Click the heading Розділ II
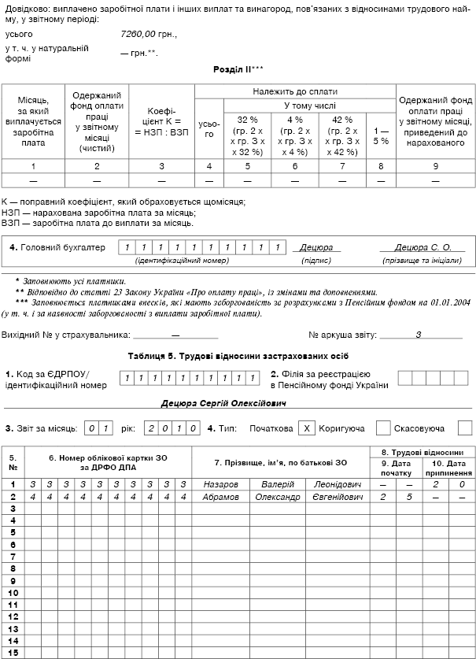(x=238, y=69)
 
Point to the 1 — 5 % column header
(x=381, y=135)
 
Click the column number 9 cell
(x=435, y=166)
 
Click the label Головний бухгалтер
(x=57, y=247)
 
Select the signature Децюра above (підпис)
(x=316, y=247)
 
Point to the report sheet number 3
(x=419, y=335)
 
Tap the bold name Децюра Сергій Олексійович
(x=223, y=403)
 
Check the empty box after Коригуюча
(x=383, y=428)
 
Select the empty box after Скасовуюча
(x=464, y=428)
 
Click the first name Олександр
(x=279, y=497)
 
